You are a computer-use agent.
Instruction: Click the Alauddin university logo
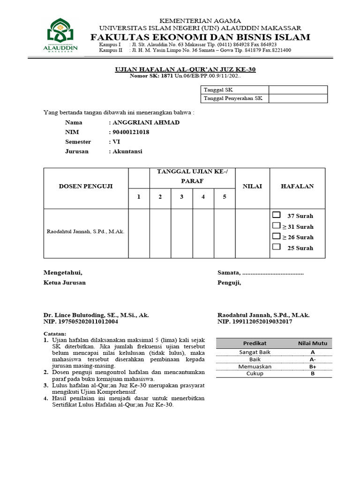(60, 35)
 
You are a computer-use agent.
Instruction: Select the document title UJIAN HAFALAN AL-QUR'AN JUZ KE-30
(186, 69)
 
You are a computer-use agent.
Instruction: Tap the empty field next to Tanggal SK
(298, 90)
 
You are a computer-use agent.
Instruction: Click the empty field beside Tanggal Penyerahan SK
(298, 98)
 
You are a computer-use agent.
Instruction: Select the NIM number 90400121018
(130, 132)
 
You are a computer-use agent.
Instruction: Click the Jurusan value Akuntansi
(127, 151)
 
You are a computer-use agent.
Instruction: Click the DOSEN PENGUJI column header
(85, 186)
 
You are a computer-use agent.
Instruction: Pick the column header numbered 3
(181, 197)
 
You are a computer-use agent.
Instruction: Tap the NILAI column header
(252, 186)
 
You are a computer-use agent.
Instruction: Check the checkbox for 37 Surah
(276, 215)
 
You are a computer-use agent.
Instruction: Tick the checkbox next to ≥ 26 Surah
(276, 236)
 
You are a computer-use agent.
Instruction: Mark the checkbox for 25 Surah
(276, 247)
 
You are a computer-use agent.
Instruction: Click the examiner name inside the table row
(85, 232)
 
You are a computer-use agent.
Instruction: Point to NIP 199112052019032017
(255, 322)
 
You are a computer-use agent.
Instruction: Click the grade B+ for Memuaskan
(312, 367)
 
